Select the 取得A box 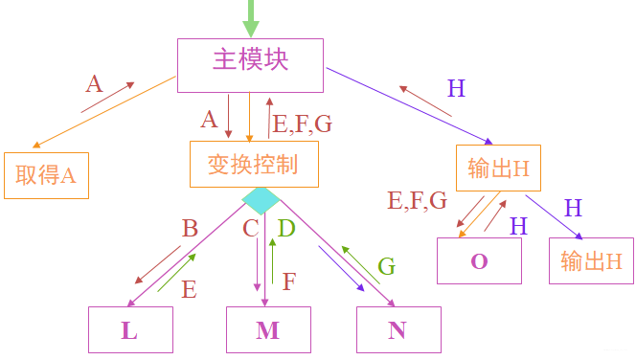pos(46,175)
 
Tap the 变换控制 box pos(252,164)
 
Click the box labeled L pos(130,329)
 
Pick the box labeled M pos(268,329)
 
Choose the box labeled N pos(398,329)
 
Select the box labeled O pos(479,260)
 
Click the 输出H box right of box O pos(591,260)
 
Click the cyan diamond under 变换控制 pos(261,200)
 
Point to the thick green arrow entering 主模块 pos(251,17)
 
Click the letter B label pos(190,229)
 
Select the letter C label pos(251,229)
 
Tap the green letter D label pos(286,229)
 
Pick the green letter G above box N pos(386,266)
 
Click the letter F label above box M pos(289,281)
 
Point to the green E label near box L pos(189,289)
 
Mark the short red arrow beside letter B pos(159,264)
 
